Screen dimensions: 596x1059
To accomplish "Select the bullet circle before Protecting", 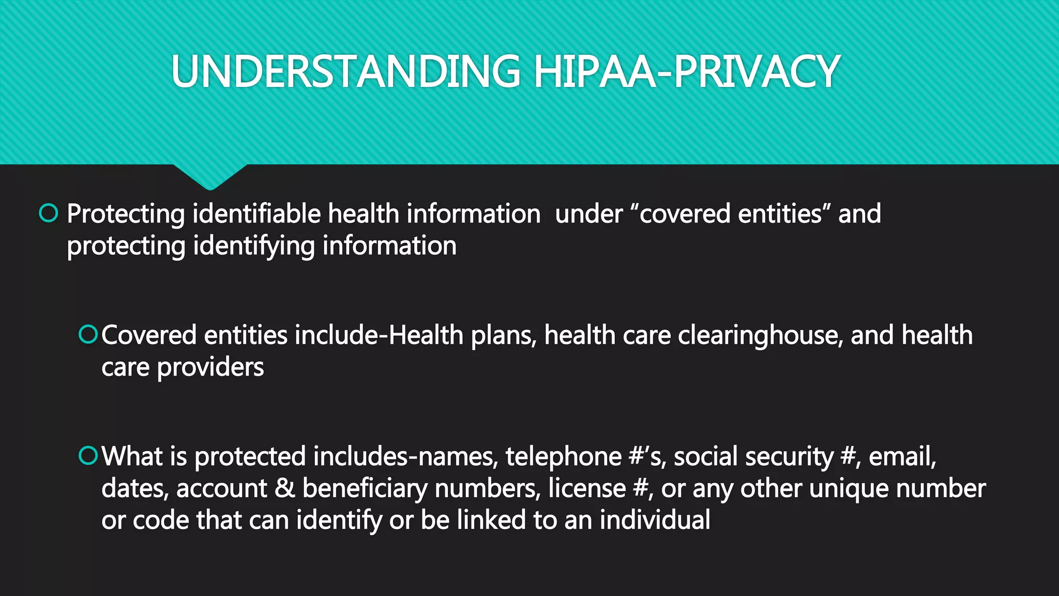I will click(49, 213).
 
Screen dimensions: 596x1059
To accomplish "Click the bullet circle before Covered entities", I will click(88, 334).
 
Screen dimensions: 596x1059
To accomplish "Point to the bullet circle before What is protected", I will click(88, 456).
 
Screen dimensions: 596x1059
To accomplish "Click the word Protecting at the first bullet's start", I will click(126, 214).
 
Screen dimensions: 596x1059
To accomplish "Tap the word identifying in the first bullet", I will click(254, 246).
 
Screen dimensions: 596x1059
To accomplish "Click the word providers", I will click(210, 368).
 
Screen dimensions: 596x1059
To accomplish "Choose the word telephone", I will click(563, 457).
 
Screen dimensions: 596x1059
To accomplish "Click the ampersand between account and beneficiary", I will click(284, 488).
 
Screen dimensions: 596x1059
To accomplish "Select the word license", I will click(586, 488).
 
